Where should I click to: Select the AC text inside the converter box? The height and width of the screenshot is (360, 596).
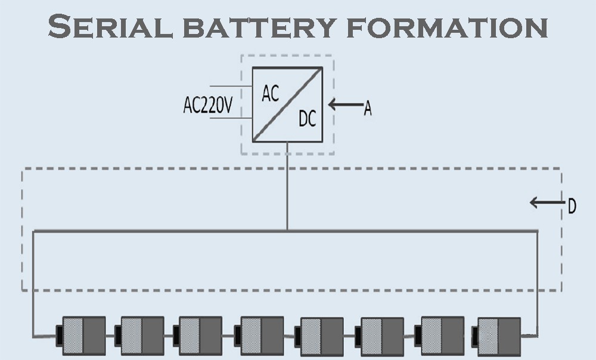click(x=271, y=94)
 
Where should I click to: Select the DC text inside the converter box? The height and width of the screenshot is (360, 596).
click(x=307, y=120)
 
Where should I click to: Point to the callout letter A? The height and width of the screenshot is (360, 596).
click(x=368, y=108)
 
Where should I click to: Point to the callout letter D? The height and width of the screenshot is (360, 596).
click(x=572, y=207)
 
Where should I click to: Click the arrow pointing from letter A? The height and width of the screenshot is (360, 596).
click(x=345, y=105)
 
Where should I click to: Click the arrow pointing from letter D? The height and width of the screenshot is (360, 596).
click(x=546, y=203)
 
